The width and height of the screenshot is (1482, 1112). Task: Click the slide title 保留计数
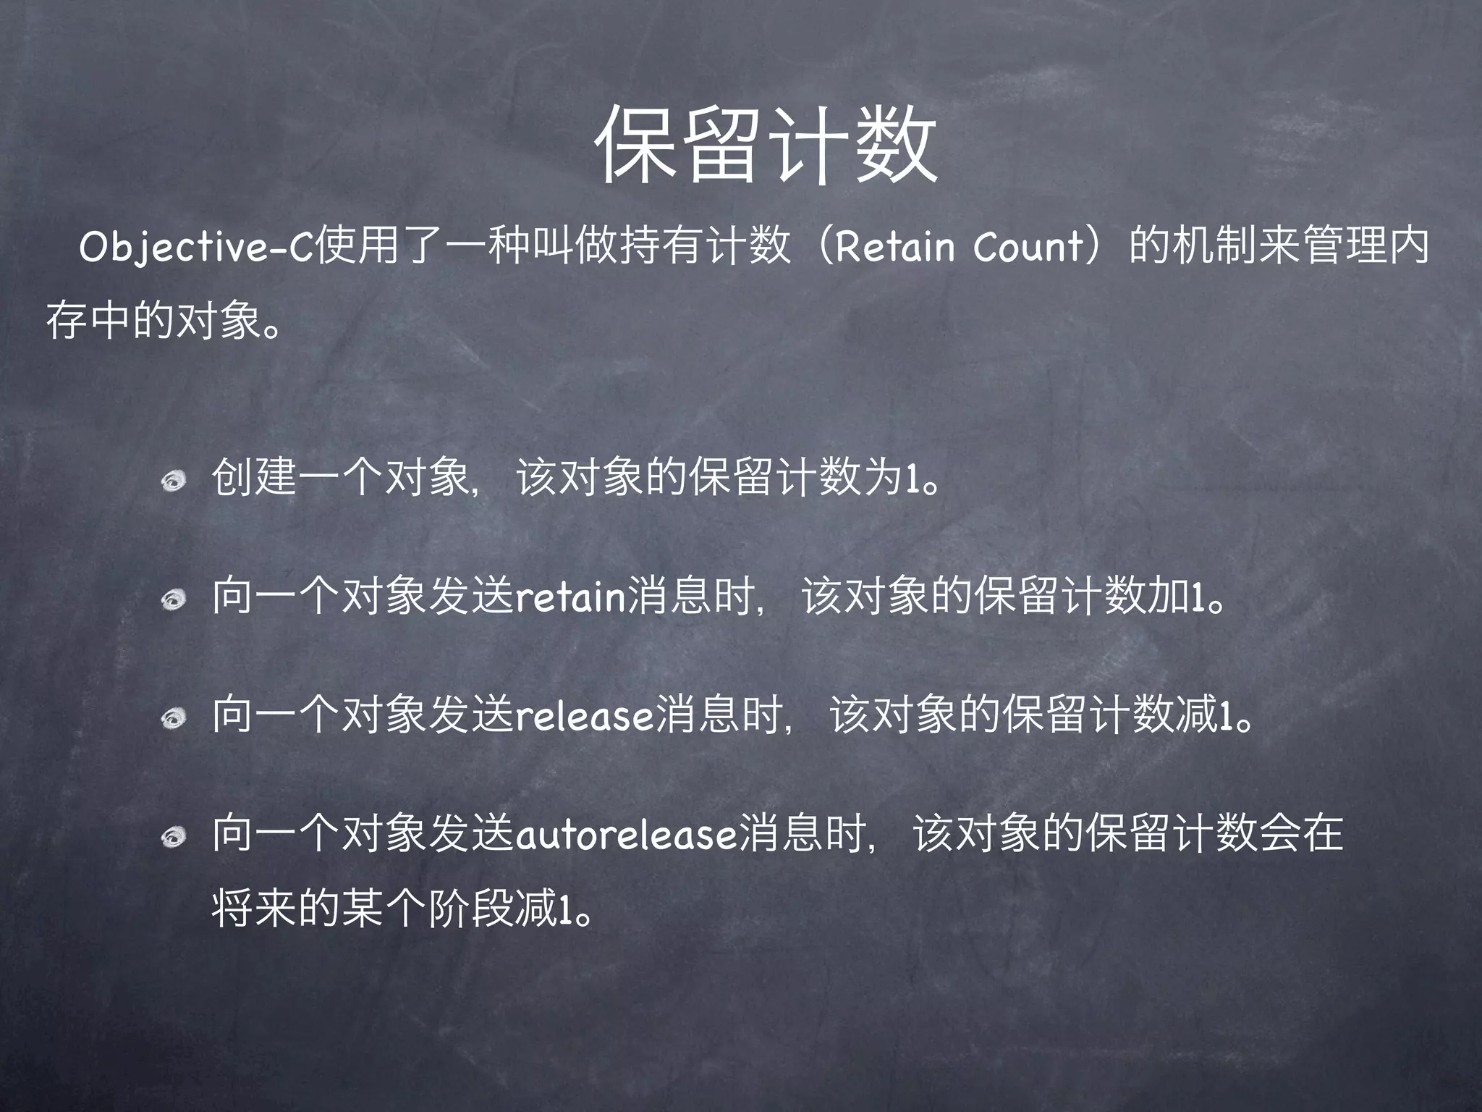click(x=766, y=144)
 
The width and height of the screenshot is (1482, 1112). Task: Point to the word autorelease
click(x=626, y=835)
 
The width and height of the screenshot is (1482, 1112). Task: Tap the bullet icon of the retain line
click(x=174, y=599)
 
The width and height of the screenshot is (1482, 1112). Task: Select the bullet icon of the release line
click(x=174, y=717)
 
